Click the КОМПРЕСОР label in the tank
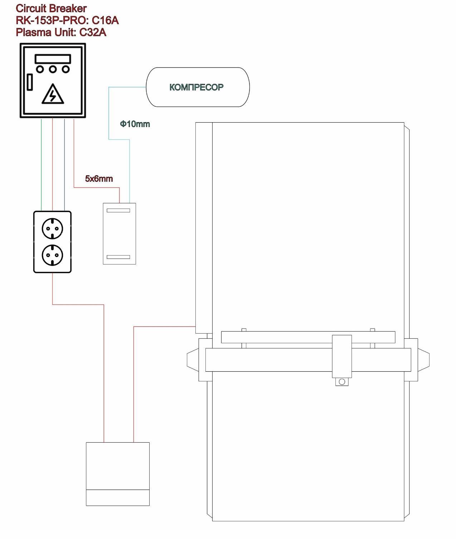pos(196,87)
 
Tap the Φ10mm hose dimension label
pos(135,124)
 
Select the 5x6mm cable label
pos(99,178)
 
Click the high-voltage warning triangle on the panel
pos(53,95)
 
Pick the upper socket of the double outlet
pos(52,228)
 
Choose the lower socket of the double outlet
pos(52,255)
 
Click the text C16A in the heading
pos(105,20)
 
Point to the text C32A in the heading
pos(93,32)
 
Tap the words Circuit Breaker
pos(51,8)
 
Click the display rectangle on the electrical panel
pos(53,59)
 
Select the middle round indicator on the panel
pos(53,69)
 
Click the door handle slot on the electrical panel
pos(30,82)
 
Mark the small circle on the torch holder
pos(342,382)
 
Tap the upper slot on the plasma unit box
pos(118,210)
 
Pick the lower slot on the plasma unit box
pos(118,257)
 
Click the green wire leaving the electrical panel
pos(42,165)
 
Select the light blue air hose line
pos(109,115)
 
